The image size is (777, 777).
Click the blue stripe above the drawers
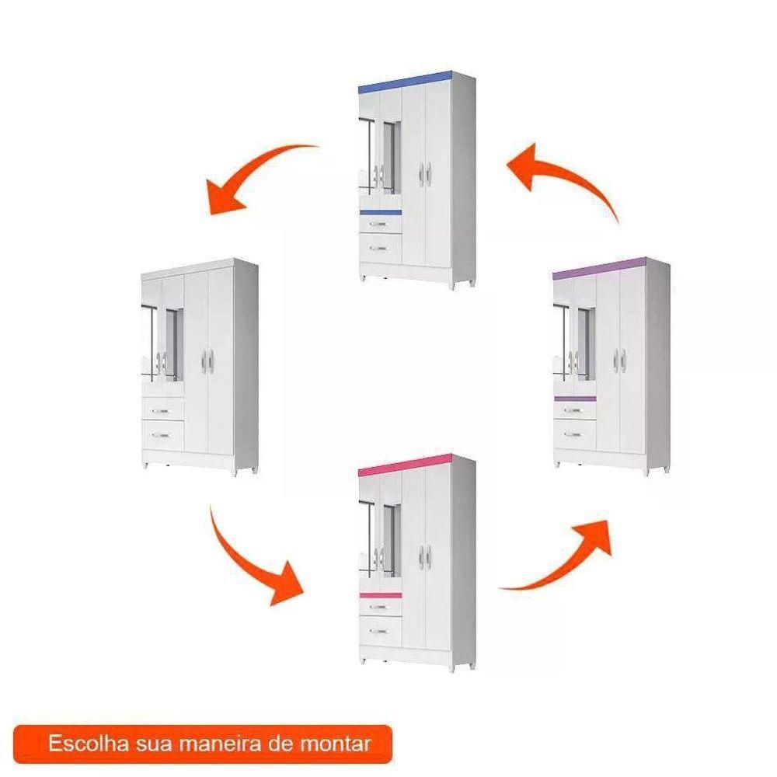pos(380,213)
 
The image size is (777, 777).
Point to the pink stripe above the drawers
pos(380,595)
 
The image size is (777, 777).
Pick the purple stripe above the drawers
pos(575,399)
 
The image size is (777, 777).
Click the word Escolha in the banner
pos(89,744)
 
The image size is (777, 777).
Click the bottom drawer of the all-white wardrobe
pos(163,436)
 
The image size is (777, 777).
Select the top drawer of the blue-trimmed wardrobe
pos(380,224)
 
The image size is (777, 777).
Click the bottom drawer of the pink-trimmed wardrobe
pos(380,631)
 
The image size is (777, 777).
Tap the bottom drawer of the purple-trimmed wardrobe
pos(575,434)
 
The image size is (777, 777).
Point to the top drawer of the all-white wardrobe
pos(163,410)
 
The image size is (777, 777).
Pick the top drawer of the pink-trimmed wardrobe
pos(380,607)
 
